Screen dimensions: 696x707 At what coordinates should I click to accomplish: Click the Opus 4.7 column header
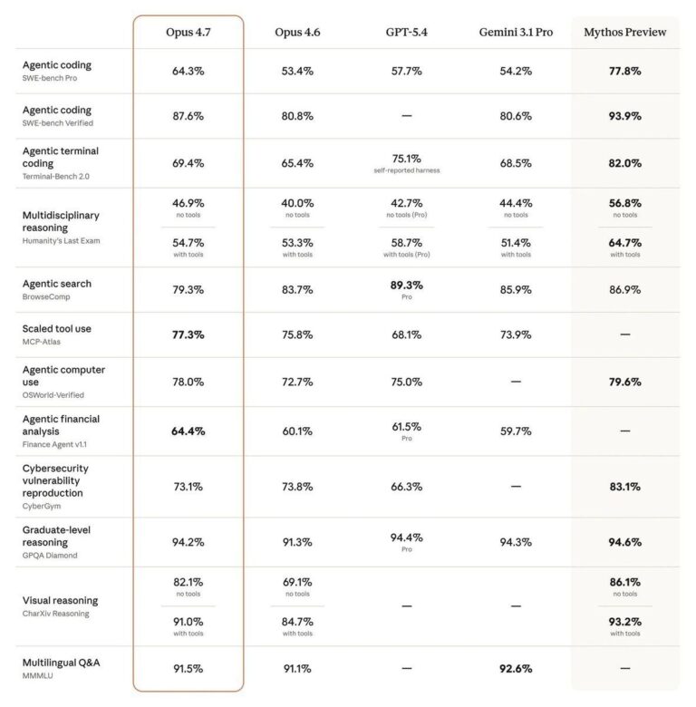click(188, 33)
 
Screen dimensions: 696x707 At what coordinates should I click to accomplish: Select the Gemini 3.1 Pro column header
click(516, 33)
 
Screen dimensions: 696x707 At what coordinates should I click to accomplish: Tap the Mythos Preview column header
click(624, 33)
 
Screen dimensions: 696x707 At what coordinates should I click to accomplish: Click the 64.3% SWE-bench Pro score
click(188, 72)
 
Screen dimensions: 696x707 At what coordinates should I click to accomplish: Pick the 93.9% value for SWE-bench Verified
click(624, 116)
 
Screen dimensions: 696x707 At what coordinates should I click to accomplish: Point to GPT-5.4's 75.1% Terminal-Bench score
click(407, 159)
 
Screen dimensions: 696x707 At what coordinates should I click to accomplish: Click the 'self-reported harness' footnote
click(407, 170)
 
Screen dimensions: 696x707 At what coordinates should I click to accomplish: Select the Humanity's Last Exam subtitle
click(62, 241)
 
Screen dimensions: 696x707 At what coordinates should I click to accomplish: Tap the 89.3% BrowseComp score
click(407, 286)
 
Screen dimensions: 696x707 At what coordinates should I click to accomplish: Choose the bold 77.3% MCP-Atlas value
click(188, 334)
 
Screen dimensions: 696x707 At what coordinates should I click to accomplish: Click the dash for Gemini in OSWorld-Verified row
click(516, 382)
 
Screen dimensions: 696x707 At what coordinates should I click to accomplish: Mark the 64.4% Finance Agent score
click(188, 431)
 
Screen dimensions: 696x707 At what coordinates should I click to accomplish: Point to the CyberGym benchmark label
click(42, 506)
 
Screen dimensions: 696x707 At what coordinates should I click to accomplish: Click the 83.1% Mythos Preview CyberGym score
click(624, 487)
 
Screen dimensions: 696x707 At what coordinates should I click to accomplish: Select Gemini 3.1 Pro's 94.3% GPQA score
click(516, 542)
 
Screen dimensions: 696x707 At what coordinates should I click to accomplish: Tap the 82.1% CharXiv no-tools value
click(188, 582)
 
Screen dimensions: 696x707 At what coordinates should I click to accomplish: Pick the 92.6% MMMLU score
click(516, 669)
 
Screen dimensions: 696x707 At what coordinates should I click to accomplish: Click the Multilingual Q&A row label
click(62, 663)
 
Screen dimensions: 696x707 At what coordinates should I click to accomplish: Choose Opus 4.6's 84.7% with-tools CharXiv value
click(297, 622)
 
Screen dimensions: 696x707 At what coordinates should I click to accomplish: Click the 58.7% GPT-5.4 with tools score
click(407, 243)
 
